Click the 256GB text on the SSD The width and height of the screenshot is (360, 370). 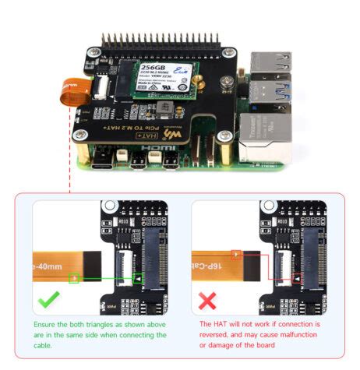153,68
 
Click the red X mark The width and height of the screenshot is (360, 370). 208,300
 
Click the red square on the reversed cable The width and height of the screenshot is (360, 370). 237,254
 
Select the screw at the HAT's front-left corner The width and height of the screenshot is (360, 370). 81,135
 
